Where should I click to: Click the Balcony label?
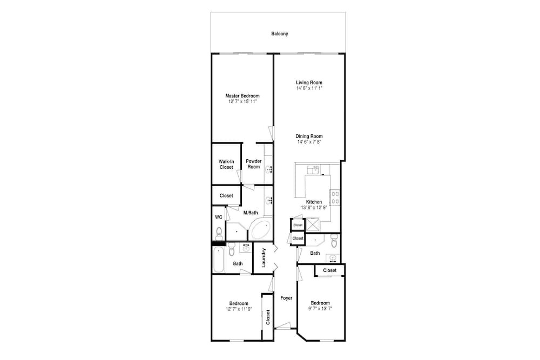click(x=279, y=33)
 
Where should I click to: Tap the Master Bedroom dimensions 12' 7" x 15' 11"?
click(x=242, y=101)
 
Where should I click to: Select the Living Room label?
click(x=309, y=83)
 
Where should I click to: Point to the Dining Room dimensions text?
click(x=309, y=141)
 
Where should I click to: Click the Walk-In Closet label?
click(x=226, y=164)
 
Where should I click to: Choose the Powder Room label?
click(x=253, y=164)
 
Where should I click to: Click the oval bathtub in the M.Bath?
click(x=260, y=230)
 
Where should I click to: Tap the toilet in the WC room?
click(x=219, y=233)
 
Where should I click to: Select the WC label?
click(x=218, y=217)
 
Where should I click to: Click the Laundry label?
click(x=264, y=258)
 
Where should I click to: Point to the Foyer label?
click(x=286, y=298)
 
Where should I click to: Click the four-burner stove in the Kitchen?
click(x=335, y=198)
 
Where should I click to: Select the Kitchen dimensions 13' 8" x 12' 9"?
click(x=314, y=208)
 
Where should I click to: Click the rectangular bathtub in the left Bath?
click(x=218, y=260)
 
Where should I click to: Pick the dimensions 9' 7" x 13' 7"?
click(x=320, y=309)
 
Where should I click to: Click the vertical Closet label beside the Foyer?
click(x=268, y=317)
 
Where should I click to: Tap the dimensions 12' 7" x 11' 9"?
click(x=239, y=309)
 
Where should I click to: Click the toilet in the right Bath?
click(x=334, y=242)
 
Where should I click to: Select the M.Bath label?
click(x=251, y=213)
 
